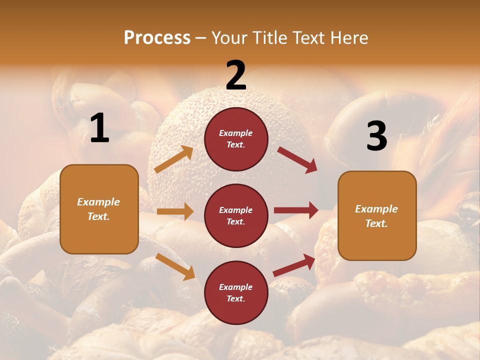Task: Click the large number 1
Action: point(99,128)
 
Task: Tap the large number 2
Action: point(236,75)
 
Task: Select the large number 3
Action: point(376,136)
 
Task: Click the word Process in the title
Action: point(157,37)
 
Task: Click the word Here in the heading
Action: point(350,37)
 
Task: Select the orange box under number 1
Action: point(99,209)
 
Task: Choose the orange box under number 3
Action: point(377,215)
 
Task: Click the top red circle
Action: point(236,139)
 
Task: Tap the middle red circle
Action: point(236,215)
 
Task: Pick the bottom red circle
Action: point(236,292)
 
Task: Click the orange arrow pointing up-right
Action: point(174,159)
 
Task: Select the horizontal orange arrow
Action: point(175,211)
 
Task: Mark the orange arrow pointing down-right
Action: point(175,266)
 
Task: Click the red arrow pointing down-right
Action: point(297,159)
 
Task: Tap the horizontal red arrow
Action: point(296,210)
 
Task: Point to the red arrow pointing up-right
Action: point(294,265)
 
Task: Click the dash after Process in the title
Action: point(201,38)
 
